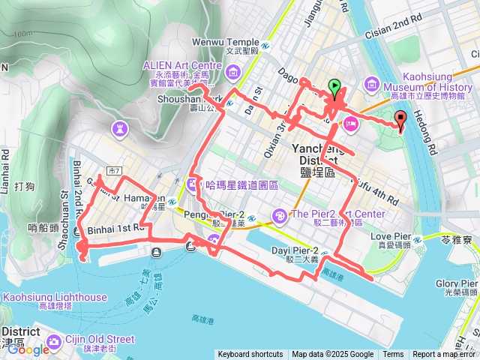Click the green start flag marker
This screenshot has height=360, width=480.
(x=334, y=88)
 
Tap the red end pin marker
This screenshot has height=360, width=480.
(x=400, y=118)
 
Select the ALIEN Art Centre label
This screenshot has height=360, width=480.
(x=183, y=65)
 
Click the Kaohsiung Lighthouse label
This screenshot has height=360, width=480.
(x=55, y=297)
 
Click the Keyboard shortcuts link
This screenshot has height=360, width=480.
(x=250, y=355)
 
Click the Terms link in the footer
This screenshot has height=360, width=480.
(x=393, y=355)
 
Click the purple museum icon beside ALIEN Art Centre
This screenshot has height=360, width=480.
(x=233, y=73)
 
